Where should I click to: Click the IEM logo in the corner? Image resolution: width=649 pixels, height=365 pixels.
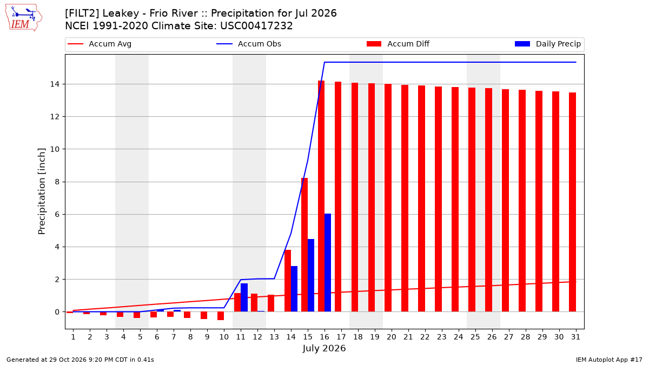[24, 18]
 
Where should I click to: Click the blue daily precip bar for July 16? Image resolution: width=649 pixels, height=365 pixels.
[328, 263]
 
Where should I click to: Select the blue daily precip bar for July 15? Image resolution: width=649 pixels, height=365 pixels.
[311, 275]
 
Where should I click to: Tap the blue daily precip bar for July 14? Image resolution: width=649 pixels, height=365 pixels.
[294, 289]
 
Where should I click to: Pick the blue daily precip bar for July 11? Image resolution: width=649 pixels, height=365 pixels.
[244, 297]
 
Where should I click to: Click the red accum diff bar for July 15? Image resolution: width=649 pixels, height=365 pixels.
[304, 245]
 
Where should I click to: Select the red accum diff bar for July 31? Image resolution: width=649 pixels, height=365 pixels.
[572, 202]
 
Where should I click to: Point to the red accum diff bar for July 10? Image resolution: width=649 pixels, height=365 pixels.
[221, 316]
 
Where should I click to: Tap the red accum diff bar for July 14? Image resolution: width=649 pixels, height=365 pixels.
[288, 281]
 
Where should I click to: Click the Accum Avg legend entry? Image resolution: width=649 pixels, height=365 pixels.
[100, 44]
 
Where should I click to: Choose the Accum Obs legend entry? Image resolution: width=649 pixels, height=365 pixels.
[249, 44]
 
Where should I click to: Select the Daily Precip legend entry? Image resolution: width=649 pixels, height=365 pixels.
[547, 44]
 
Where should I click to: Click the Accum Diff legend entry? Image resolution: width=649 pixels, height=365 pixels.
[398, 44]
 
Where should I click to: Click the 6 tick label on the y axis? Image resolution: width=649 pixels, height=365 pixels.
[57, 215]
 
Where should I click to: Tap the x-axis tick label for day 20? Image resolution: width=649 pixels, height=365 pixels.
[392, 337]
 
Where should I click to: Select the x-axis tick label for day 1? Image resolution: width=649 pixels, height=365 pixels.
[73, 337]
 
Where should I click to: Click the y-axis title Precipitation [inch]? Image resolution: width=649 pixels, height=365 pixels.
[42, 191]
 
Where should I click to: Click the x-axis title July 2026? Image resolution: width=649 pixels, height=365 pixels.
[324, 348]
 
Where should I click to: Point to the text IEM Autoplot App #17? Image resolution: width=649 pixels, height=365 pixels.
[609, 360]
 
